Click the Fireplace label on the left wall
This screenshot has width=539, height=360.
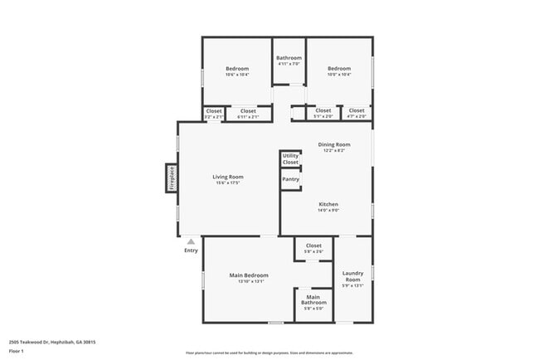(x=172, y=179)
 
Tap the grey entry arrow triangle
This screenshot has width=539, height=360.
(x=191, y=241)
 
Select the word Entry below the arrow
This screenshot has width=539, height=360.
(x=191, y=251)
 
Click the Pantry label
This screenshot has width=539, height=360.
(x=290, y=179)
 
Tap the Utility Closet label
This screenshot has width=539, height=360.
(x=290, y=158)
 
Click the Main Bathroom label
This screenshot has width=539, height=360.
(x=313, y=299)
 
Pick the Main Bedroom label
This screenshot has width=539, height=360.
(x=249, y=275)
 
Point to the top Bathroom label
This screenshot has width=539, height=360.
(x=289, y=58)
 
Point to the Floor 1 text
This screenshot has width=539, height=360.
(x=17, y=351)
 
